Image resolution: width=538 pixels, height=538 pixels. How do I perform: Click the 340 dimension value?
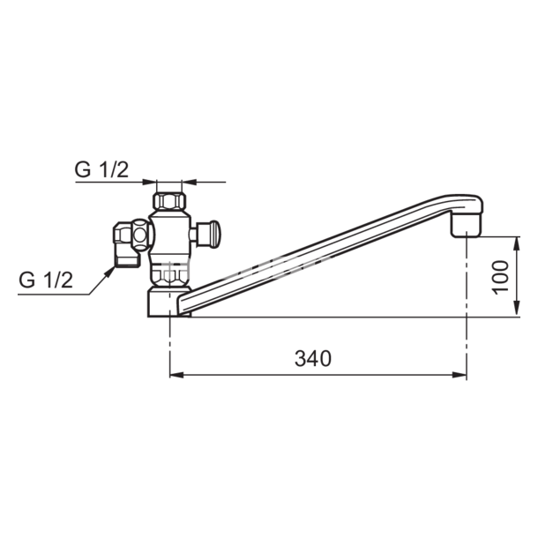click(x=313, y=359)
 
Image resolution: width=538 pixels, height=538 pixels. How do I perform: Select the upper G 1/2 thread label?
click(x=101, y=171)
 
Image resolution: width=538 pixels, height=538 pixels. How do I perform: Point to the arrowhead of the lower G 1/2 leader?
click(x=110, y=269)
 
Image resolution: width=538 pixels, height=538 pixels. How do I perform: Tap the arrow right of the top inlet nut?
click(x=188, y=183)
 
